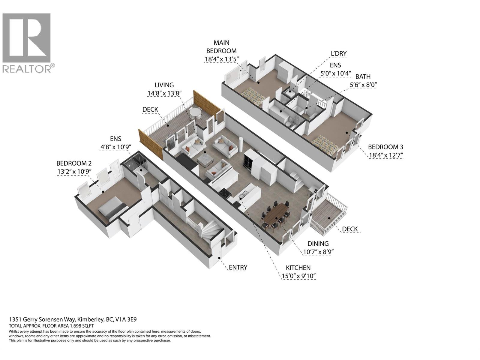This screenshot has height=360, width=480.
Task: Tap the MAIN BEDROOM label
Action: click(221, 47)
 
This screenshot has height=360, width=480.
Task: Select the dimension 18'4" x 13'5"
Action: click(221, 59)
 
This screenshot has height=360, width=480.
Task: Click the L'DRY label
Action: click(339, 54)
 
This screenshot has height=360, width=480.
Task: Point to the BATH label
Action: click(363, 76)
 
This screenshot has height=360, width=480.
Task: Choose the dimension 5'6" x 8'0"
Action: click(363, 85)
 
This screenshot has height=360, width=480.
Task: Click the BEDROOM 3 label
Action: click(385, 147)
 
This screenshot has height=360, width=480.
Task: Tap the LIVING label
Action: click(164, 85)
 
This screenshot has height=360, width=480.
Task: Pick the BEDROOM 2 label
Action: click(74, 163)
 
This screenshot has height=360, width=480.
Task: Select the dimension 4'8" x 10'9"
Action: click(115, 147)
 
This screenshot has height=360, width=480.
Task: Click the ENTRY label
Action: click(238, 267)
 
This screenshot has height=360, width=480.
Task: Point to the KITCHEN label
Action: click(298, 268)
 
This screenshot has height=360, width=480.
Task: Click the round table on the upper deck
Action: click(195, 112)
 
